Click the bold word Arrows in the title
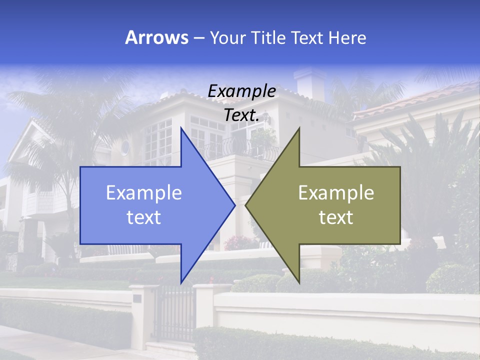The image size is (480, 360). [156, 37]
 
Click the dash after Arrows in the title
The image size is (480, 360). [198, 38]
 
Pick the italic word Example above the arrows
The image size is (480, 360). [242, 91]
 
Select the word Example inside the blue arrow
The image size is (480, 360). [144, 192]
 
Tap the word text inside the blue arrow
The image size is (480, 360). [144, 217]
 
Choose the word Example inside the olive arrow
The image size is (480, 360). [336, 192]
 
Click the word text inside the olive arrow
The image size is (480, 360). [336, 217]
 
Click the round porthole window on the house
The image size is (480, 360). [125, 147]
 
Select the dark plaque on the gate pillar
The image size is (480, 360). [137, 298]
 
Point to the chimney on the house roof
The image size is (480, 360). [310, 82]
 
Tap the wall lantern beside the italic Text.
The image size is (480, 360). [268, 118]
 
